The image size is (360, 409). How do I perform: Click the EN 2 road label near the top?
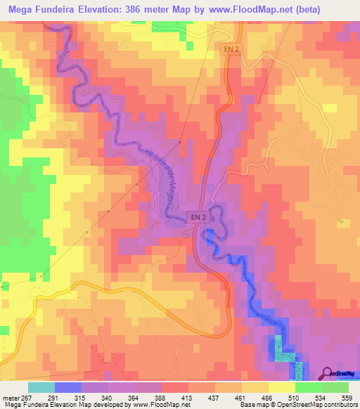coord(232,48)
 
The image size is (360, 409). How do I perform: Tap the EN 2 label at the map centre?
coord(197,218)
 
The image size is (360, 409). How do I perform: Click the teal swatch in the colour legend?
coord(41,387)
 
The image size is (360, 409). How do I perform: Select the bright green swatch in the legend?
coord(308,387)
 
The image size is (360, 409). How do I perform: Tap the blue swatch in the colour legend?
coord(67,387)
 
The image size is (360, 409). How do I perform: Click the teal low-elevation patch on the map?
coord(280,349)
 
